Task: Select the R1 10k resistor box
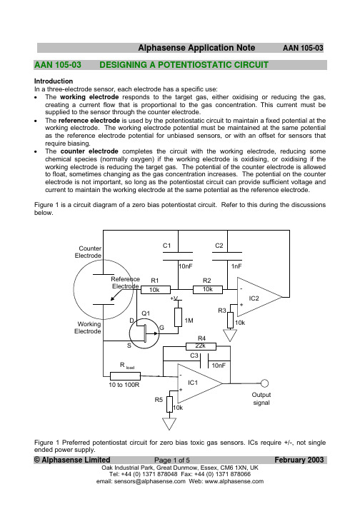[x=155, y=290]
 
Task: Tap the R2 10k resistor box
[x=208, y=290]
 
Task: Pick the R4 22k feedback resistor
[x=201, y=346]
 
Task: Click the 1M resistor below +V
[x=178, y=317]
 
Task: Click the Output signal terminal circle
[x=264, y=383]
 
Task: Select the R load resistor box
[x=126, y=376]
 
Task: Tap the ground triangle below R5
[x=169, y=424]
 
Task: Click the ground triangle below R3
[x=230, y=336]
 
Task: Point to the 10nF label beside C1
[x=186, y=266]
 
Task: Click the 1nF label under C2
[x=236, y=266]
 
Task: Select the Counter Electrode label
[x=88, y=252]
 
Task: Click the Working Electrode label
[x=88, y=328]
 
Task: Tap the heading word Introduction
[x=54, y=81]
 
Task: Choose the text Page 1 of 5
[x=172, y=460]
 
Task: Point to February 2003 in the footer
[x=299, y=460]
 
